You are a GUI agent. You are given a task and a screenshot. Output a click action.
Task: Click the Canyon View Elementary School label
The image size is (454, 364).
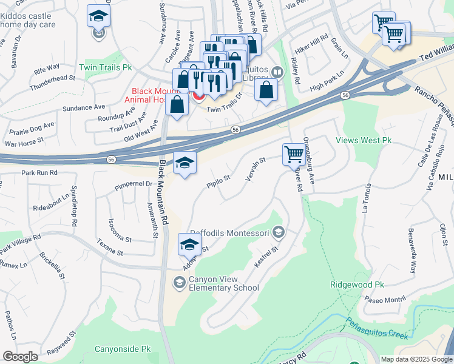click(224, 283)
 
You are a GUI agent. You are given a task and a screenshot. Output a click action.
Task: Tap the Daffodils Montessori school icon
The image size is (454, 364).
click(279, 231)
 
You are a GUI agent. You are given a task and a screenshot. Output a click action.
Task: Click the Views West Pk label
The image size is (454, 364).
click(364, 140)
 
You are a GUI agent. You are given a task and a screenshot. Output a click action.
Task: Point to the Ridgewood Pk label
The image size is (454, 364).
click(357, 285)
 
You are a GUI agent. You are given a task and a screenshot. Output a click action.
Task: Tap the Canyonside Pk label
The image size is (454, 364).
click(123, 349)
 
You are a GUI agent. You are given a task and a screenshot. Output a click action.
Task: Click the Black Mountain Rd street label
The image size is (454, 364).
click(162, 187)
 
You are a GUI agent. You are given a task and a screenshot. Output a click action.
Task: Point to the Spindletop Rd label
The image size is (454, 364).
click(75, 206)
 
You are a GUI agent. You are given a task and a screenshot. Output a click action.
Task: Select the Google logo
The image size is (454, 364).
click(19, 357)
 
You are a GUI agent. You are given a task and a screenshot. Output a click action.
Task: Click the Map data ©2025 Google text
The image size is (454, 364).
click(416, 359)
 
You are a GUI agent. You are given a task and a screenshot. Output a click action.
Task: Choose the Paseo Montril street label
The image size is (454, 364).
click(385, 299)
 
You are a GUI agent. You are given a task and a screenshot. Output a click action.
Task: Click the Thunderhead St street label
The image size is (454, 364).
click(55, 78)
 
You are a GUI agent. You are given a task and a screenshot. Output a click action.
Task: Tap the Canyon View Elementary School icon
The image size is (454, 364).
click(179, 281)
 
